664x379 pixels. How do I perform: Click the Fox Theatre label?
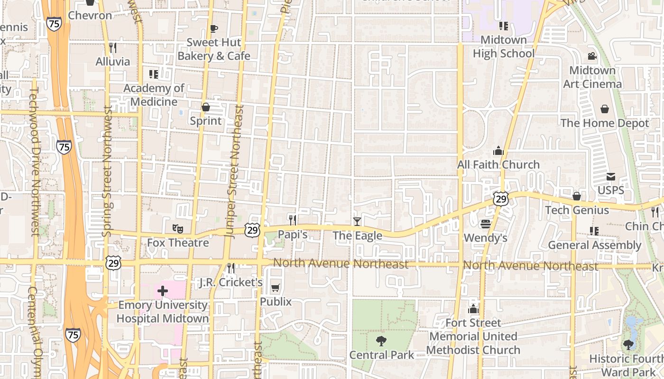pyautogui.click(x=178, y=243)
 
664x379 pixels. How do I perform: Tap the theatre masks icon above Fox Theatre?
pyautogui.click(x=178, y=228)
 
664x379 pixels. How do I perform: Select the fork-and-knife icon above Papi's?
pyautogui.click(x=293, y=220)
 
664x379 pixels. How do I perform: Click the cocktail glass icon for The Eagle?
pyautogui.click(x=357, y=221)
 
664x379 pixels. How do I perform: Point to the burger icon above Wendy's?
pyautogui.click(x=485, y=223)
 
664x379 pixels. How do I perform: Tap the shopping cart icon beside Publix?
pyautogui.click(x=275, y=288)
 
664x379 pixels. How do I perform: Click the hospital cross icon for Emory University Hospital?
pyautogui.click(x=163, y=290)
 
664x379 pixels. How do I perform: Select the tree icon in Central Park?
pyautogui.click(x=381, y=341)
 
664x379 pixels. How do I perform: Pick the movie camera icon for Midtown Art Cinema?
pyautogui.click(x=592, y=56)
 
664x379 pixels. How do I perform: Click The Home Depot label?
pyautogui.click(x=605, y=123)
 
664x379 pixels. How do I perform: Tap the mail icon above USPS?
pyautogui.click(x=611, y=177)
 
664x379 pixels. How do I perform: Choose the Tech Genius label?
pyautogui.click(x=577, y=210)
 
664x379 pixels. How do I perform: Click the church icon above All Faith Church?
pyautogui.click(x=498, y=151)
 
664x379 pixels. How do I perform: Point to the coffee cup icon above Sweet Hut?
pyautogui.click(x=214, y=28)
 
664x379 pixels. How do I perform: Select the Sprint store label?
pyautogui.click(x=206, y=121)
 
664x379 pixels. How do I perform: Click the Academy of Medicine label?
pyautogui.click(x=154, y=95)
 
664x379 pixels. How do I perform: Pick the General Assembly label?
pyautogui.click(x=595, y=245)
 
